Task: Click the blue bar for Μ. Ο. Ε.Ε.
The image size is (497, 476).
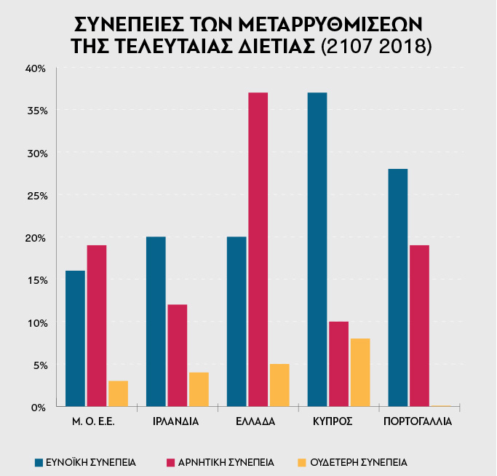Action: coord(75,338)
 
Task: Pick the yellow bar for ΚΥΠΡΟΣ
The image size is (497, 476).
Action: coord(360,372)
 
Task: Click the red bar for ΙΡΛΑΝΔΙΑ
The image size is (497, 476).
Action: coord(177,355)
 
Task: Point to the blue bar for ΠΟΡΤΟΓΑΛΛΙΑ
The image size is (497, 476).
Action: coord(397,287)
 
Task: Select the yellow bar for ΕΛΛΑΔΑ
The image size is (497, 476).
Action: coord(279,385)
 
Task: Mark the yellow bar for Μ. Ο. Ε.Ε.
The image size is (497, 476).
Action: coord(118,393)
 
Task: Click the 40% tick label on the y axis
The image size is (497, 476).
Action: coord(36,68)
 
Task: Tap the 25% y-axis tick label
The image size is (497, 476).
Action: coord(36,196)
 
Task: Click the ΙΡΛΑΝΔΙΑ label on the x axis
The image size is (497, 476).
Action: coord(176,421)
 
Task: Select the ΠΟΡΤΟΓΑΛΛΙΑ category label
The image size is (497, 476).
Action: coord(418,421)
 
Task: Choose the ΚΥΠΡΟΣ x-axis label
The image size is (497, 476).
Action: coord(338,421)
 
